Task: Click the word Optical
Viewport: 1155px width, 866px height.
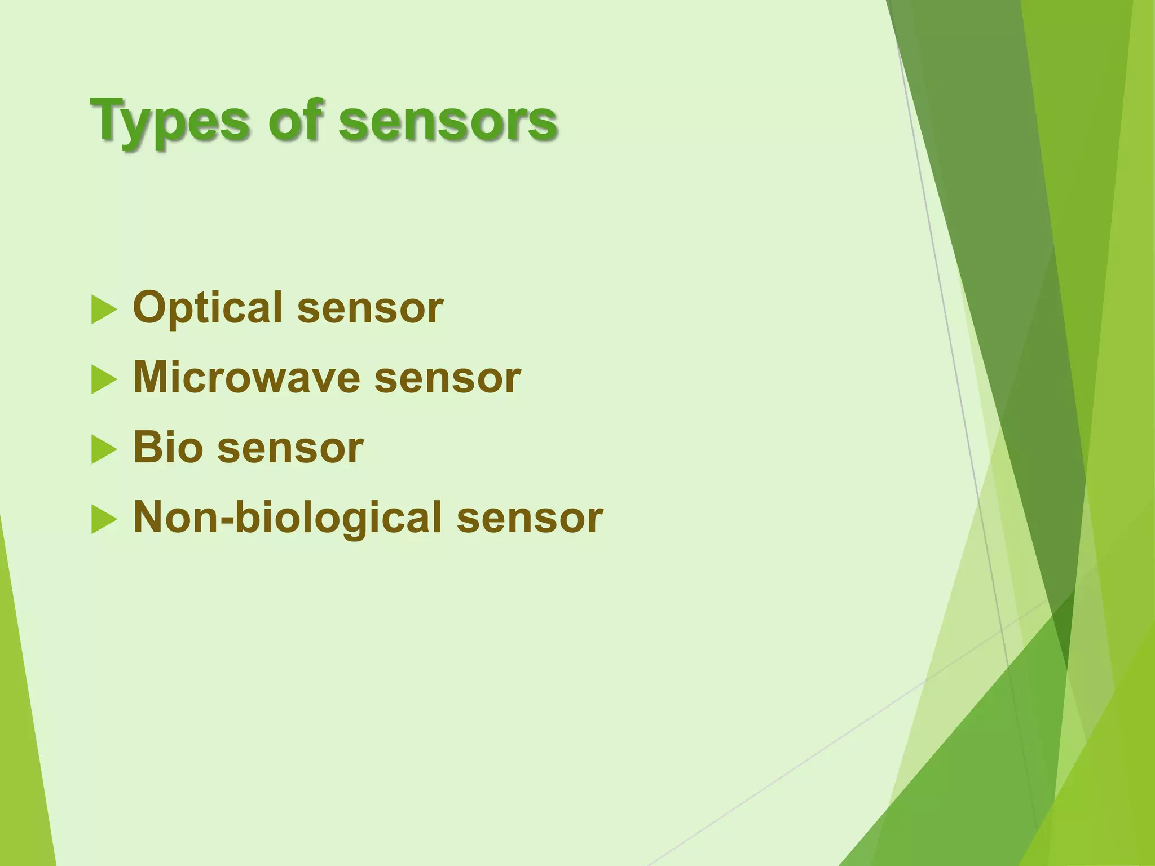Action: [x=207, y=309]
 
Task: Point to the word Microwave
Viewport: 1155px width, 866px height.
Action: [x=246, y=378]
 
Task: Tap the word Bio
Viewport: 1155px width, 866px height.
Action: [x=167, y=448]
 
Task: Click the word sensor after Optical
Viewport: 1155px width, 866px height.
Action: [x=370, y=309]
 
